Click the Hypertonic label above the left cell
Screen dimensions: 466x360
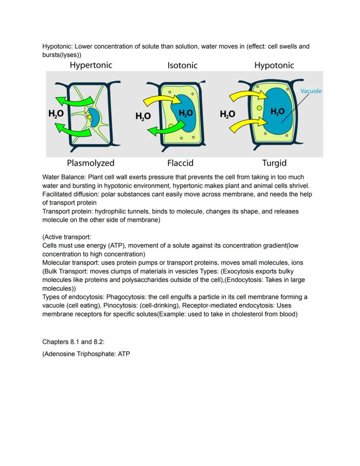[91, 65]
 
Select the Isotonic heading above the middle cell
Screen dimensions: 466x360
[182, 66]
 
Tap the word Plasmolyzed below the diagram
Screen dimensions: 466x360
[90, 163]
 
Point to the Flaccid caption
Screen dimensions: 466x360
[180, 163]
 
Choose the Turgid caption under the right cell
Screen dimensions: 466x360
[274, 163]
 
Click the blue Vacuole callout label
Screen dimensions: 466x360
[311, 91]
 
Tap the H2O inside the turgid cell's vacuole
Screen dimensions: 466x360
[277, 111]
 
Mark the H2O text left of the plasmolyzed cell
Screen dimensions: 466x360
[56, 114]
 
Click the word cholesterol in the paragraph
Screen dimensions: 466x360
[237, 314]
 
